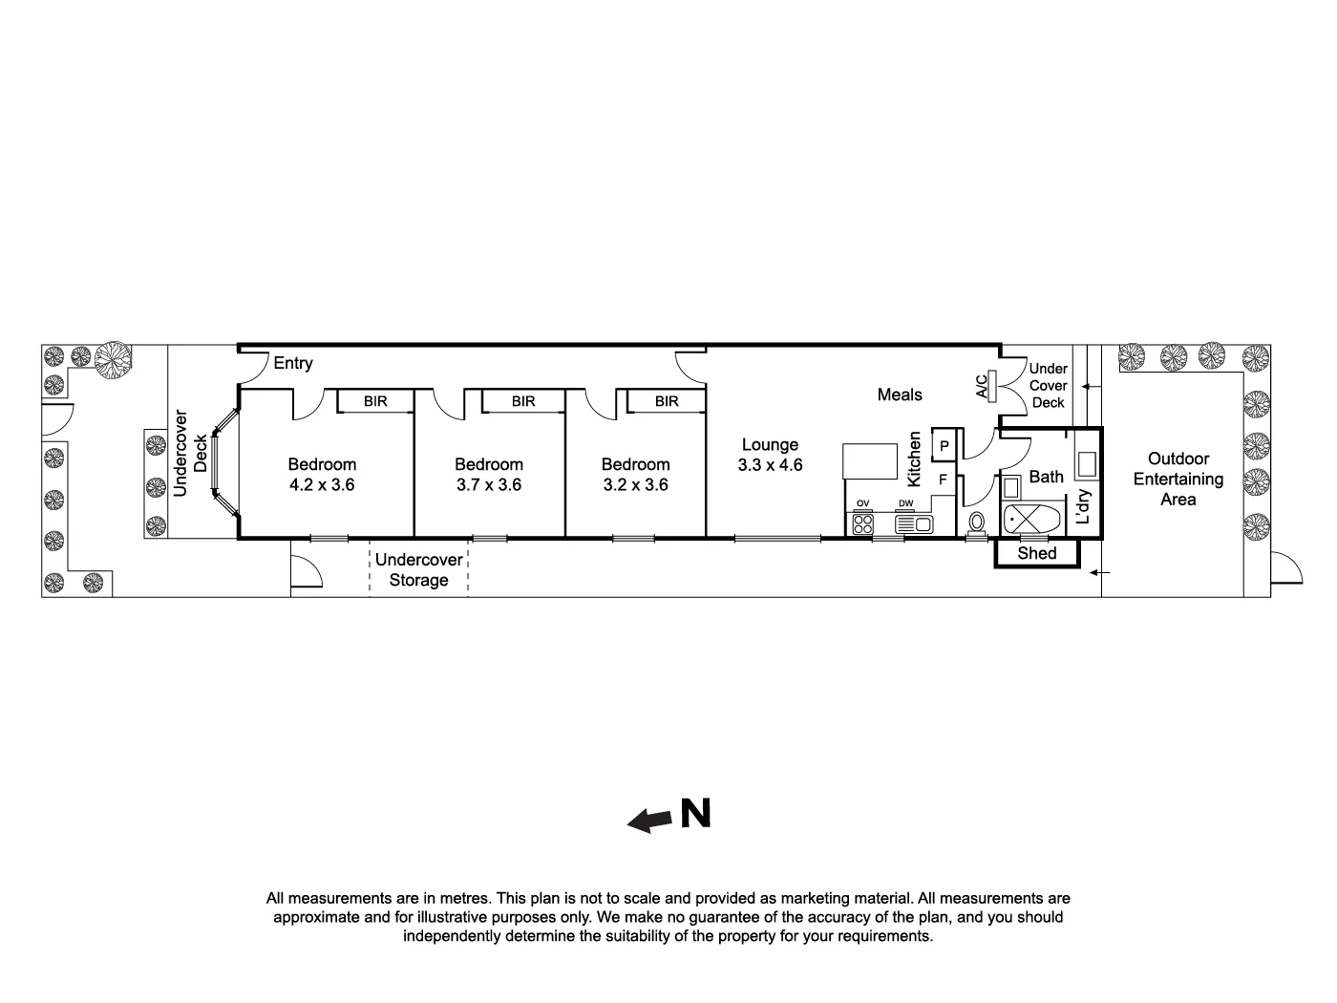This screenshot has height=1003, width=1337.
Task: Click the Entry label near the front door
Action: pos(292,364)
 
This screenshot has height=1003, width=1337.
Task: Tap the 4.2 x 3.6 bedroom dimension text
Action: pos(322,485)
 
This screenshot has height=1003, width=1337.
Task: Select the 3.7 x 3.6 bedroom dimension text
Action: pos(488,485)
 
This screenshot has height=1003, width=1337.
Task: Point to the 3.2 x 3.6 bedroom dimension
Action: pos(635,485)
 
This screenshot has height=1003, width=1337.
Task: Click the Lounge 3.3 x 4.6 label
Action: pos(770,456)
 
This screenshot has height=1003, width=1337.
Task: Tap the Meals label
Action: pos(900,395)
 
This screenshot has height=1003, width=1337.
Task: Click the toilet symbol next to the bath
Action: pos(976,523)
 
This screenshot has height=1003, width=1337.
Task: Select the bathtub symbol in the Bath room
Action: pos(1031,521)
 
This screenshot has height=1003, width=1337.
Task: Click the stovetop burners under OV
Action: pos(862,523)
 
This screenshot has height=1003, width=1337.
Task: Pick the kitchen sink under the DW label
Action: pos(912,523)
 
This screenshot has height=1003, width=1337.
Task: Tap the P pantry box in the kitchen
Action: pos(944,446)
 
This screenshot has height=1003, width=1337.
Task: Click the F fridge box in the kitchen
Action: pos(943,480)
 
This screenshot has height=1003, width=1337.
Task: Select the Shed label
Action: pos(1037,554)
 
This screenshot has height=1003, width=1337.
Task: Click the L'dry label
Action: pos(1083,507)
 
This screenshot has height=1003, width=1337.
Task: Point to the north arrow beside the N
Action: pos(650,820)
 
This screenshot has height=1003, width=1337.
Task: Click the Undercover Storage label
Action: pos(418,570)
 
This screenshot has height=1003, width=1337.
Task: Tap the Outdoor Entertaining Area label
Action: pos(1178,479)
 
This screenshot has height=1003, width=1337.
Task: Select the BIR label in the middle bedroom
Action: pos(523,401)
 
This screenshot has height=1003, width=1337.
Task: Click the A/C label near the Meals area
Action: pos(982,386)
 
